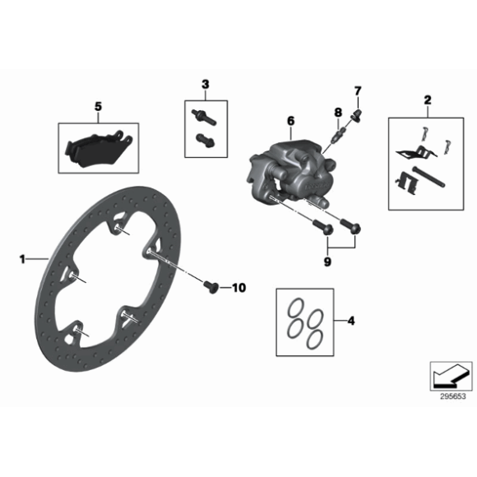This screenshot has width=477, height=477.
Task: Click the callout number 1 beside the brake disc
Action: point(22,260)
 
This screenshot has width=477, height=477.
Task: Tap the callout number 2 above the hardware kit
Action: point(428,100)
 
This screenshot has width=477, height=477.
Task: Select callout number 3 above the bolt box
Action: point(206,84)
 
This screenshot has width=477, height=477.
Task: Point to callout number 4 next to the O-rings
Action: point(351,321)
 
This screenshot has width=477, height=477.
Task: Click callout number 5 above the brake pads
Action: point(98,107)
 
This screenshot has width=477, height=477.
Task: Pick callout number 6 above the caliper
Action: point(291,121)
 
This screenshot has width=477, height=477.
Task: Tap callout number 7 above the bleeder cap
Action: point(358,91)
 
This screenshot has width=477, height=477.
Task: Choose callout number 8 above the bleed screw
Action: point(338,112)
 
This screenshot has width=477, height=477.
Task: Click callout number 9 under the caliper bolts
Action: point(327,262)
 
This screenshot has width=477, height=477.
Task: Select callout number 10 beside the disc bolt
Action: point(238,288)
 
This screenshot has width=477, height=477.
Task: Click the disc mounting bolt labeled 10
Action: point(211,287)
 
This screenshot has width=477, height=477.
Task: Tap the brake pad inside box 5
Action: point(98,149)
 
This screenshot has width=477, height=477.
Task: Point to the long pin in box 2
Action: point(428,177)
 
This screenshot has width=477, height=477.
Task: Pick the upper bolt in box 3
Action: point(203,117)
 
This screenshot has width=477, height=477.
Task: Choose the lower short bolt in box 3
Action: point(206,140)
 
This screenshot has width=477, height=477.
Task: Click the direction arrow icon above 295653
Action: point(450,377)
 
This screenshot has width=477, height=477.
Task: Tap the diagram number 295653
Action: point(452,397)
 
